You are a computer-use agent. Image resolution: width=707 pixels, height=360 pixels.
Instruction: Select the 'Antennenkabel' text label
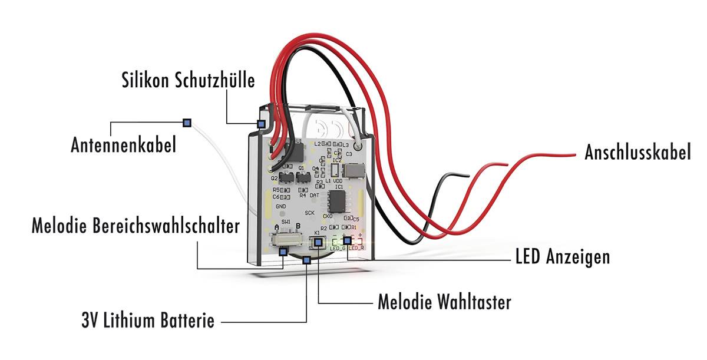pos(123,145)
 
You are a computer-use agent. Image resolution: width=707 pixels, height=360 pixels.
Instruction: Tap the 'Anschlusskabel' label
pos(637,153)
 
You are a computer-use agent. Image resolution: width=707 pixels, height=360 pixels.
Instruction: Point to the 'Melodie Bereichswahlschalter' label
pos(136,226)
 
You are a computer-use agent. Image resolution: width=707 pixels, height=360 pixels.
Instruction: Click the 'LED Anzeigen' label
pos(562,257)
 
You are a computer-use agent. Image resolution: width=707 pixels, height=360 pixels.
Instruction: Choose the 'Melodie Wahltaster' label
pos(444,303)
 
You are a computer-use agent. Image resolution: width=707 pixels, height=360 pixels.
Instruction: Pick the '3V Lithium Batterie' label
pos(147,322)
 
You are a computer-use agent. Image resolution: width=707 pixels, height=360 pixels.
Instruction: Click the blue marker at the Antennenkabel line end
pos(187,123)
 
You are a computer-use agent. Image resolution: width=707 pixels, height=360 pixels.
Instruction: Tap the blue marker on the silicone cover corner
pos(261,124)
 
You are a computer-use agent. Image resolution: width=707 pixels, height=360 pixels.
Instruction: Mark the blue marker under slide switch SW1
pos(283,252)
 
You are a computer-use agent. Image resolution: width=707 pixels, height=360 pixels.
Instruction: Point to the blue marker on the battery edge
pos(306,260)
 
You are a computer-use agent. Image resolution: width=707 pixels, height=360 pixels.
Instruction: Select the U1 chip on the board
pos(296,153)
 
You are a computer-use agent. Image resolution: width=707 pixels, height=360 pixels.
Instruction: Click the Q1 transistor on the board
pos(302,177)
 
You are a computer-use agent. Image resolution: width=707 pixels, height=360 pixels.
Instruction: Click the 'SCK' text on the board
pos(309,213)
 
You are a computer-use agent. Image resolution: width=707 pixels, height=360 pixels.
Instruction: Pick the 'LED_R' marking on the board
pos(356,248)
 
